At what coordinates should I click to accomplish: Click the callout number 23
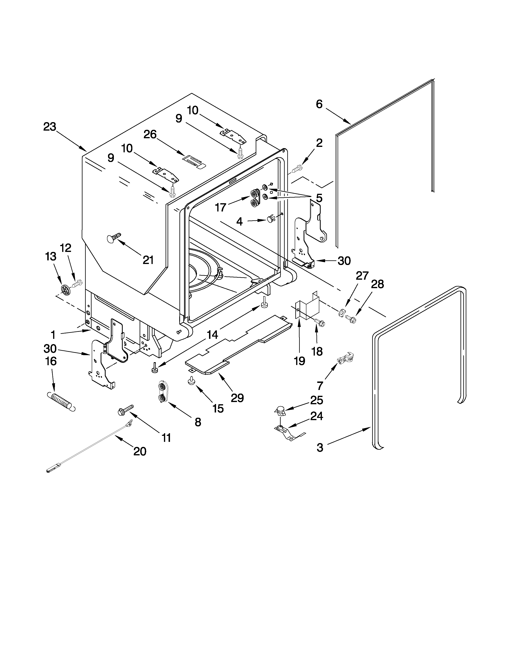(x=49, y=127)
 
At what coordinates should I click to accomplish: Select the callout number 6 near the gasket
(x=319, y=104)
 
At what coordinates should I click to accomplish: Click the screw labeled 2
(x=297, y=168)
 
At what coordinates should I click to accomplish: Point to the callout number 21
(x=148, y=260)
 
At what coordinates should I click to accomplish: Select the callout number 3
(x=320, y=447)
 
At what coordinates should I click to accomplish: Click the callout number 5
(x=319, y=198)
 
